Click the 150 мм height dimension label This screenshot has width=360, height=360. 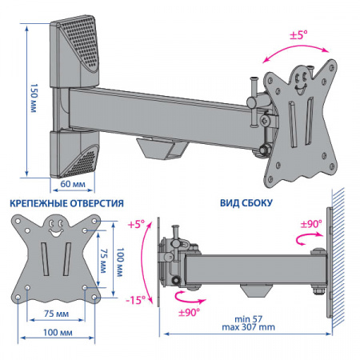34,98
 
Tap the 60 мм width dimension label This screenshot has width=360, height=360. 73,184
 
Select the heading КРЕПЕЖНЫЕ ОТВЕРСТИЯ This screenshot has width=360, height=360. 66,203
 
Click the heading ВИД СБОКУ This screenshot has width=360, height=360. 246,203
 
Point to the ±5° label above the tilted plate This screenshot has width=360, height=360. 298,35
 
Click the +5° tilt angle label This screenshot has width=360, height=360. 136,224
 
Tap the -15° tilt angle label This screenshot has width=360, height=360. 136,300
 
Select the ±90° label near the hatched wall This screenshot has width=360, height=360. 311,224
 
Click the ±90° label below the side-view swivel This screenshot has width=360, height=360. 189,312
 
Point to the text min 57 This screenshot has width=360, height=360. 248,319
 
